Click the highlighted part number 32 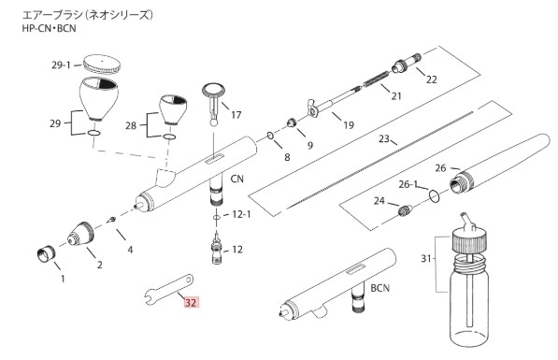191,303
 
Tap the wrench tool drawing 169,289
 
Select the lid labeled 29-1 102,65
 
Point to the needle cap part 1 46,254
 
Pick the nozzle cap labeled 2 80,234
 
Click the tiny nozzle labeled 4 111,220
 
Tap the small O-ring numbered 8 270,136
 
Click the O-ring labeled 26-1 435,195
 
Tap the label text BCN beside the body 380,288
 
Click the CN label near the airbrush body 237,179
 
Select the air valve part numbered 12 217,249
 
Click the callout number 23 383,138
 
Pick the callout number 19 349,125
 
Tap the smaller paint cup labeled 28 173,109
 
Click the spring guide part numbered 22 407,63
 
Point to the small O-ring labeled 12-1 216,217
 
